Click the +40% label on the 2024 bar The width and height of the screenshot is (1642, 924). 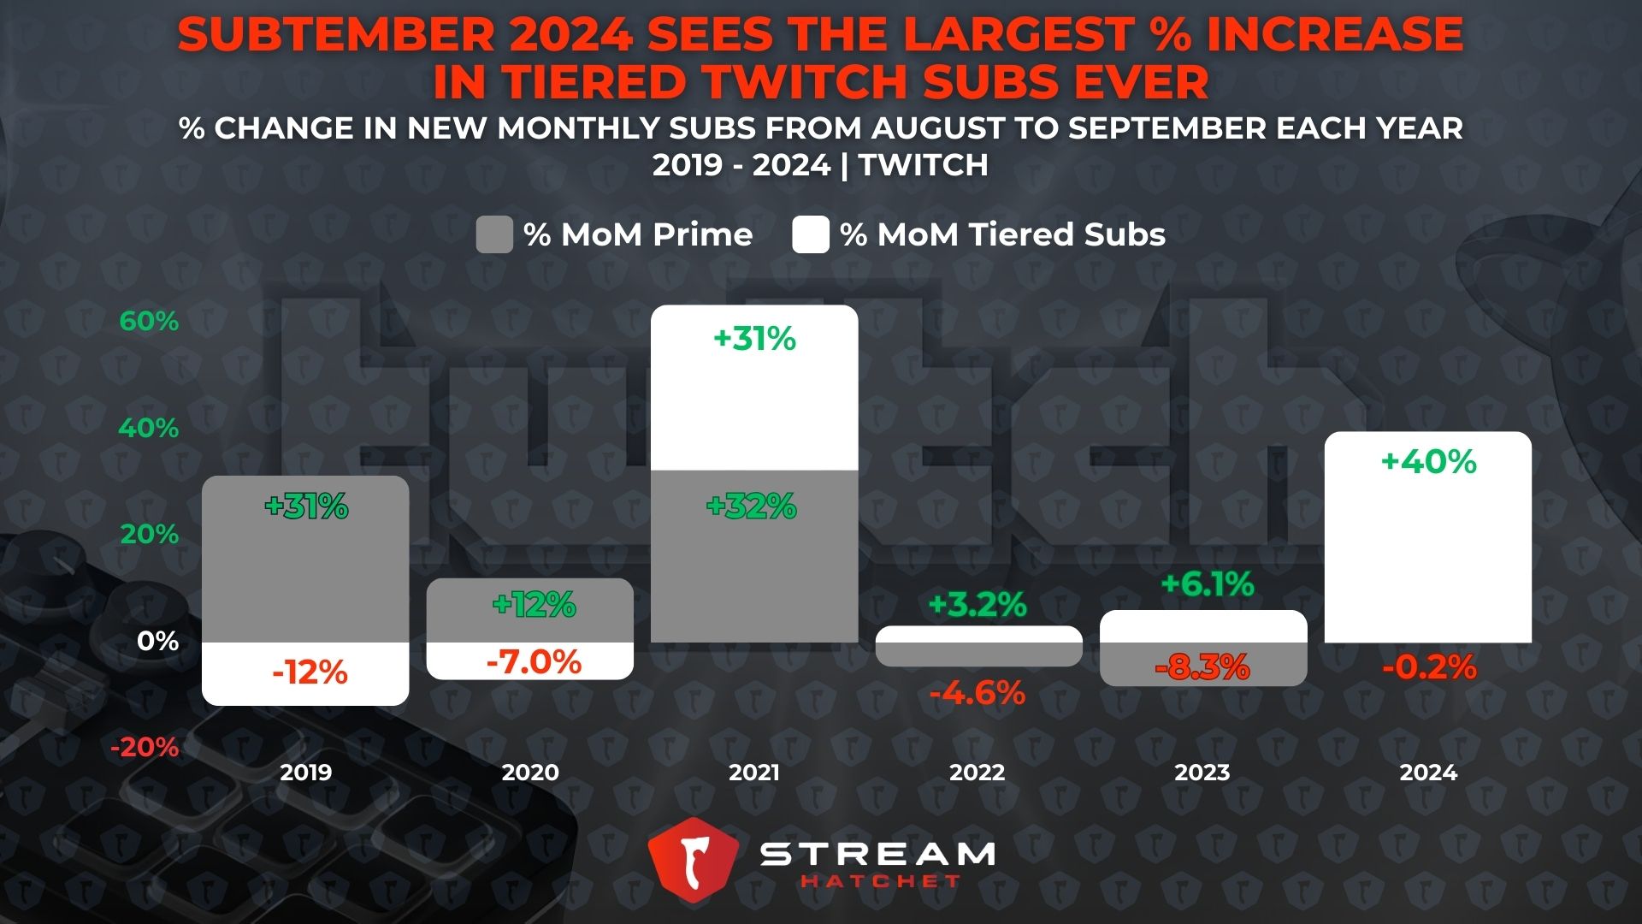coord(1428,462)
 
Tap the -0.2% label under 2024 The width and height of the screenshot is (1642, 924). coord(1429,667)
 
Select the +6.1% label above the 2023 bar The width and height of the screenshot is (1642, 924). coord(1207,584)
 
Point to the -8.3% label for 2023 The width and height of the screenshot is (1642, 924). coord(1202,667)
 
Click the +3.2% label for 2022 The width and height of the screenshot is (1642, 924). coord(977,605)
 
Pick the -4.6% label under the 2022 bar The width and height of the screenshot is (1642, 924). coord(977,693)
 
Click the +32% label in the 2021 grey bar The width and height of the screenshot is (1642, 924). coord(751,506)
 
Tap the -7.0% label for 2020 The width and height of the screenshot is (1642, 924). coord(534,662)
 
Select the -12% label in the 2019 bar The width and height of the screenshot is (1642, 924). coord(310,673)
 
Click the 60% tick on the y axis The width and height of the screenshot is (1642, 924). coord(149,322)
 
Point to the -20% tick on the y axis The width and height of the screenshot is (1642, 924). coord(145,748)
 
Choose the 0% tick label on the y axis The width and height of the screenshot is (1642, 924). coord(157,641)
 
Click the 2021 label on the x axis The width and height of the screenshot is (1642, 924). coord(753,773)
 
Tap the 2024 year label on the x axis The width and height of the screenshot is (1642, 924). coord(1427,773)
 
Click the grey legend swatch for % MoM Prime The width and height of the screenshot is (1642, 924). coord(494,234)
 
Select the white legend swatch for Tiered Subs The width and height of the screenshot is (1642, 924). coord(810,234)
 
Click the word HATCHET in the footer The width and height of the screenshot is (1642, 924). coord(880,881)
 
